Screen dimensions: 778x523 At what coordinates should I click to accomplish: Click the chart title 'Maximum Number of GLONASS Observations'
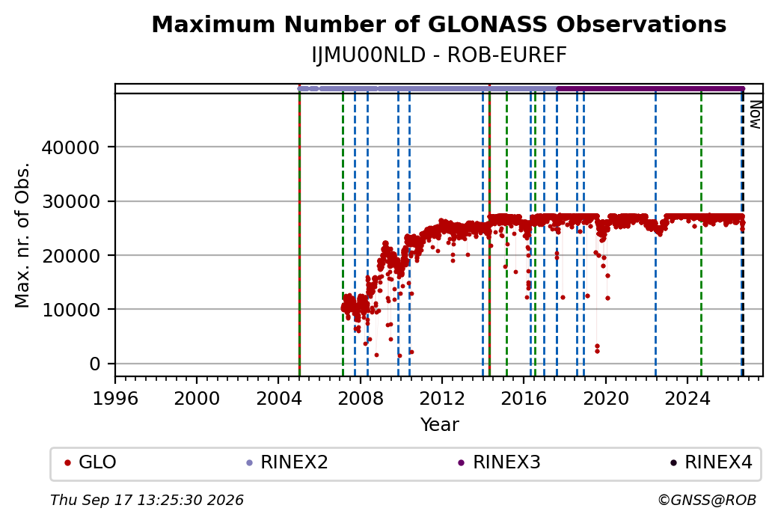[439, 25]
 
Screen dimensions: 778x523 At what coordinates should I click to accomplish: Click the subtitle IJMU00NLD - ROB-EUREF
[439, 55]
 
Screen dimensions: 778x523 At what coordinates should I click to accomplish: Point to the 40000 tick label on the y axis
[70, 147]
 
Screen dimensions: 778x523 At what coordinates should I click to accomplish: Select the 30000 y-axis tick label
[70, 201]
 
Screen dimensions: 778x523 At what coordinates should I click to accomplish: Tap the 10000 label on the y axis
[70, 310]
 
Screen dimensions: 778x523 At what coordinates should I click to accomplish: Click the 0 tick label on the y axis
[95, 364]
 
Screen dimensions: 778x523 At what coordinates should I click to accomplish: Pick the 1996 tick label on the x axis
[116, 398]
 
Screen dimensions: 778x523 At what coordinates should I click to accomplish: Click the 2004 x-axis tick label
[279, 398]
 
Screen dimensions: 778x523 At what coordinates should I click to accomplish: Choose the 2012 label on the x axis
[442, 398]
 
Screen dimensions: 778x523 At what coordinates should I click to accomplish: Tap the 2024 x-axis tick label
[687, 398]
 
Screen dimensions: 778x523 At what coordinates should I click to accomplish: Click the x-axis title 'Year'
[440, 425]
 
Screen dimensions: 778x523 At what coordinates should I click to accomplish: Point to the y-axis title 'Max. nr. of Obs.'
[22, 235]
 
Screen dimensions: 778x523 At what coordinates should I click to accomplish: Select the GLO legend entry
[91, 462]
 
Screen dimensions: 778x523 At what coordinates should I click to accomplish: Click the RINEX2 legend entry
[287, 462]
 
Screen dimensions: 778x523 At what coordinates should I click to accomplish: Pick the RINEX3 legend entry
[499, 462]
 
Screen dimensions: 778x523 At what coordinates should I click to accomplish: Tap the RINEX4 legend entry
[711, 462]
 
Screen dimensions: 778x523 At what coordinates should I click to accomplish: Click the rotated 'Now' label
[755, 114]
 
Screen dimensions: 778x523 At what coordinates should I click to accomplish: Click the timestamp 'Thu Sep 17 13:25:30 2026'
[147, 500]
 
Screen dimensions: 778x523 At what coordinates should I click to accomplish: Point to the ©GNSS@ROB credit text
[707, 500]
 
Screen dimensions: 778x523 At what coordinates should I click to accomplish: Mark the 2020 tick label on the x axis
[605, 398]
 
